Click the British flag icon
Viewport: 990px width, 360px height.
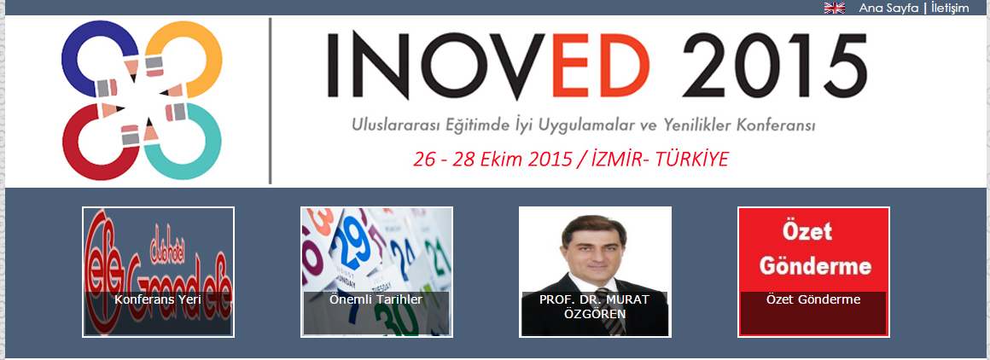[x=835, y=8]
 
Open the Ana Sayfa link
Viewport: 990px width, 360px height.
[x=888, y=9]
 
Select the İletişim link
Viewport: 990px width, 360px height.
[x=950, y=9]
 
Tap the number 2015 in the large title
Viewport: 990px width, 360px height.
[x=774, y=65]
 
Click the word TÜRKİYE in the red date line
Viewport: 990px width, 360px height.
[x=692, y=160]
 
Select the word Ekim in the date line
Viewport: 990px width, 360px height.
[x=501, y=160]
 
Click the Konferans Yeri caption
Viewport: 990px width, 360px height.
[x=158, y=300]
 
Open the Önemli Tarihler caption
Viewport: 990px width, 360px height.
[x=376, y=300]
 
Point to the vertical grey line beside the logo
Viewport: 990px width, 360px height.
[x=271, y=101]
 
